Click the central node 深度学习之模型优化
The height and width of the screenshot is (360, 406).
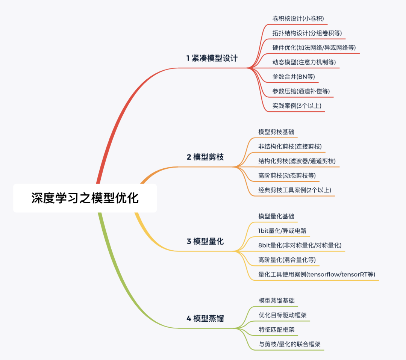(x=85, y=198)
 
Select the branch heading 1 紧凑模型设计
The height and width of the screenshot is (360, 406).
(x=212, y=58)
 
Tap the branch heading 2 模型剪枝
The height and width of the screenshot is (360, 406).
(x=205, y=157)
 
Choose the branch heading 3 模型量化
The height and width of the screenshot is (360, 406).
(x=205, y=241)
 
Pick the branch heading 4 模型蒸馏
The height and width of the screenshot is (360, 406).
(x=205, y=319)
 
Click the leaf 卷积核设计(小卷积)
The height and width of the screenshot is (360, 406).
(x=298, y=18)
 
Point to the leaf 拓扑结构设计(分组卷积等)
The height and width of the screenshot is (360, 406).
(x=307, y=33)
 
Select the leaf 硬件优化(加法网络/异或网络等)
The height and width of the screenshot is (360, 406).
(x=314, y=48)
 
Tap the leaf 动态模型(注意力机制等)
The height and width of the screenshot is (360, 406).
(x=304, y=62)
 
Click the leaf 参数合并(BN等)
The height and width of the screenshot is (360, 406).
(x=294, y=77)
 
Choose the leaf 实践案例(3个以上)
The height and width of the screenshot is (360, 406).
(x=297, y=106)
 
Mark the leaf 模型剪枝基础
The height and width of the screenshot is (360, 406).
(x=276, y=132)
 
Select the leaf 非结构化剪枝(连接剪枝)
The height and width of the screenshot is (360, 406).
(x=290, y=146)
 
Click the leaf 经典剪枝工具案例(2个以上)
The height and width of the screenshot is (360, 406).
(x=295, y=190)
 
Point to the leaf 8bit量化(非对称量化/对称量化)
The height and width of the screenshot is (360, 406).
(x=300, y=245)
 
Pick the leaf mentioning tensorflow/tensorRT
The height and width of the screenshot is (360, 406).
(x=317, y=274)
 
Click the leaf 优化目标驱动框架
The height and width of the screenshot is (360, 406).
(x=282, y=315)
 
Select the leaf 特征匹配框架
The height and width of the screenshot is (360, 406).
(x=276, y=330)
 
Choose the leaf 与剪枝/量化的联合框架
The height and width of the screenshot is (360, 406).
(x=289, y=344)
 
